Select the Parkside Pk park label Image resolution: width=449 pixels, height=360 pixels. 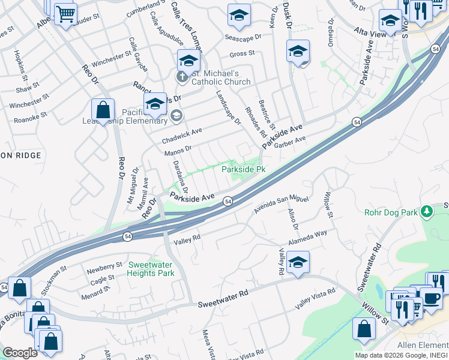243,170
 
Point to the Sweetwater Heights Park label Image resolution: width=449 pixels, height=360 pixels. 151,269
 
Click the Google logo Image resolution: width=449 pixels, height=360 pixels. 20,353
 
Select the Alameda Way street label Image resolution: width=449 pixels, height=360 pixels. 308,236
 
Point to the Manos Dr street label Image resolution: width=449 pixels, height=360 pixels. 178,150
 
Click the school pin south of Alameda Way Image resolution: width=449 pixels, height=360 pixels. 298,262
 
